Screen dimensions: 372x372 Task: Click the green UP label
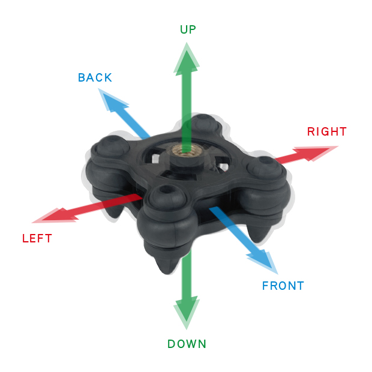click(x=188, y=29)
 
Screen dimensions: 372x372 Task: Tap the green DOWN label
click(x=187, y=344)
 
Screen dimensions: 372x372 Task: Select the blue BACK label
click(x=95, y=77)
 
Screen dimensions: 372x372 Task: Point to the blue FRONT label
click(x=283, y=286)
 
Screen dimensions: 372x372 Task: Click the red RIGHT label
click(x=327, y=131)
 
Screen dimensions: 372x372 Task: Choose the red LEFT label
click(x=37, y=238)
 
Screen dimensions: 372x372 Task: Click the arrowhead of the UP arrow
click(x=187, y=58)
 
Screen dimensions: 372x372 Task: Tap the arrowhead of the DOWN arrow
click(x=187, y=313)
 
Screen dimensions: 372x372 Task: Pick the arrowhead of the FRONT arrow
click(x=264, y=261)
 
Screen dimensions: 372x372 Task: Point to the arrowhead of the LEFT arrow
click(x=55, y=217)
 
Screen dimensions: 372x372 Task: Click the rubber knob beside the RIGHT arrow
click(x=265, y=166)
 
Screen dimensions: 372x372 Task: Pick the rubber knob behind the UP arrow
click(x=204, y=123)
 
